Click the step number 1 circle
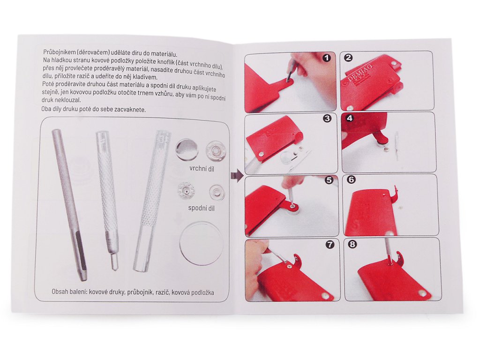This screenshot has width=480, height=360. point(327,58)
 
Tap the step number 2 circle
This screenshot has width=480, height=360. point(348,58)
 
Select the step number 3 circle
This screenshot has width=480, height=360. point(327,119)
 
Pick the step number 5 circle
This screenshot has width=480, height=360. point(329,180)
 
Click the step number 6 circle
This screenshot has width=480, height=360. point(351,180)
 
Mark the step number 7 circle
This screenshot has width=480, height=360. point(330,244)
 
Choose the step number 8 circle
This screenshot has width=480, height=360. point(352,244)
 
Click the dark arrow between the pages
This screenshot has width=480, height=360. point(236,176)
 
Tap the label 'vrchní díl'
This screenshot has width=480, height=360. point(202,169)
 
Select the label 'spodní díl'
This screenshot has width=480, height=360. point(201,209)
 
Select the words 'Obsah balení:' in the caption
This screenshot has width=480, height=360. point(70,292)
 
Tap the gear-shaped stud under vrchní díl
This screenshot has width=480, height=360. point(216,151)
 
